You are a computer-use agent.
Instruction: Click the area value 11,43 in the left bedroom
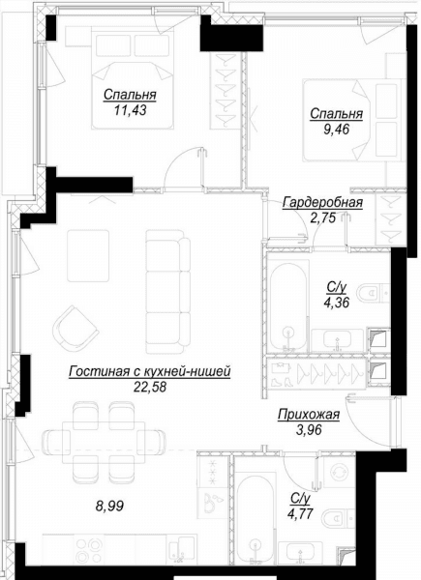coord(130,110)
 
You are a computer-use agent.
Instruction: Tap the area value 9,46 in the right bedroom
coord(336,130)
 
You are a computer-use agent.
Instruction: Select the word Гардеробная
coord(322,203)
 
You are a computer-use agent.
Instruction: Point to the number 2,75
coord(323,217)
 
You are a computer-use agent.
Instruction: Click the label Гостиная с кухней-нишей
coord(150,372)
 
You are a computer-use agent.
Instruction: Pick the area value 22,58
coord(150,387)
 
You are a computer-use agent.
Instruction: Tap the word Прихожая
coord(309,415)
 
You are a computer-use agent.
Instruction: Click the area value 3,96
coord(309,430)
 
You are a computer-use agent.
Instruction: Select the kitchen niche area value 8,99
coord(109,506)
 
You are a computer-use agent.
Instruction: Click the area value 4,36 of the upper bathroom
coord(336,303)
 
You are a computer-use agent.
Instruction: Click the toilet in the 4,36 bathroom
coord(374,293)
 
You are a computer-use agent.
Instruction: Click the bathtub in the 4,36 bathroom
coord(288,305)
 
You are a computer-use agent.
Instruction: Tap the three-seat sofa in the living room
coord(167,292)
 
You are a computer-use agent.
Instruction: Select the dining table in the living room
coord(104,442)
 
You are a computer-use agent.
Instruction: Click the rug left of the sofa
coord(88,255)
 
